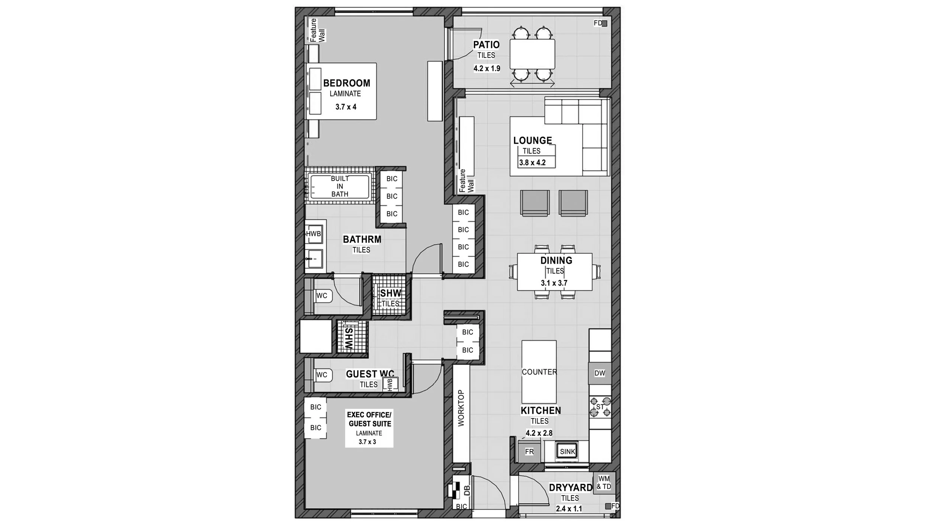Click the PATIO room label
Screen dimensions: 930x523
tap(486, 45)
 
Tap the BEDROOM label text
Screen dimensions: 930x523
tap(347, 83)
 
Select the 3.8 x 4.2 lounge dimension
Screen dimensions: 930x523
tap(532, 163)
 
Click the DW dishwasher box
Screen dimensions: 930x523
tap(600, 373)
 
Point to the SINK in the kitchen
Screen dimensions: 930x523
tap(567, 452)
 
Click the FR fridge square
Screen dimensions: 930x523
tap(529, 452)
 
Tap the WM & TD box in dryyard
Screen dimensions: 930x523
tap(604, 483)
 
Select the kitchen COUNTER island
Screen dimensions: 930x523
tap(539, 372)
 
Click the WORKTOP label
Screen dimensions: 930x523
tap(461, 408)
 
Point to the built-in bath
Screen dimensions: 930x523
tap(340, 187)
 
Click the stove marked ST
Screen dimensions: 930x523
tap(600, 407)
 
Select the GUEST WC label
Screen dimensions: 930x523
tap(370, 374)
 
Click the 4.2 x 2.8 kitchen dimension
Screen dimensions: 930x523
tap(539, 433)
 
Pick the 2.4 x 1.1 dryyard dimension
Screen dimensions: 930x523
tap(569, 508)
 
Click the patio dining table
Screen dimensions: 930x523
tap(532, 54)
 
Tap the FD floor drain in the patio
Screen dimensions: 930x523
tap(604, 23)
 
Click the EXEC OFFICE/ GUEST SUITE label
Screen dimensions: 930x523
tap(369, 419)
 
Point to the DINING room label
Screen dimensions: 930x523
tap(556, 260)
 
